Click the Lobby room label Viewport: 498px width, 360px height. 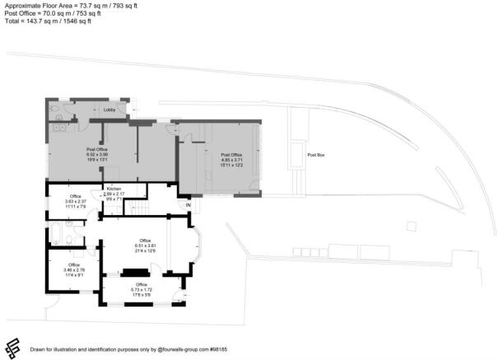point(109,110)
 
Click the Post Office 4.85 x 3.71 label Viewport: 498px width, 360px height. point(230,159)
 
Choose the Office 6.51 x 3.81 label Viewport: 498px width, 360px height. point(145,245)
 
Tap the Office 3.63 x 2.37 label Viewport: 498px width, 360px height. point(75,200)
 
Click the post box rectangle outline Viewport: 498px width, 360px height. point(295,154)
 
